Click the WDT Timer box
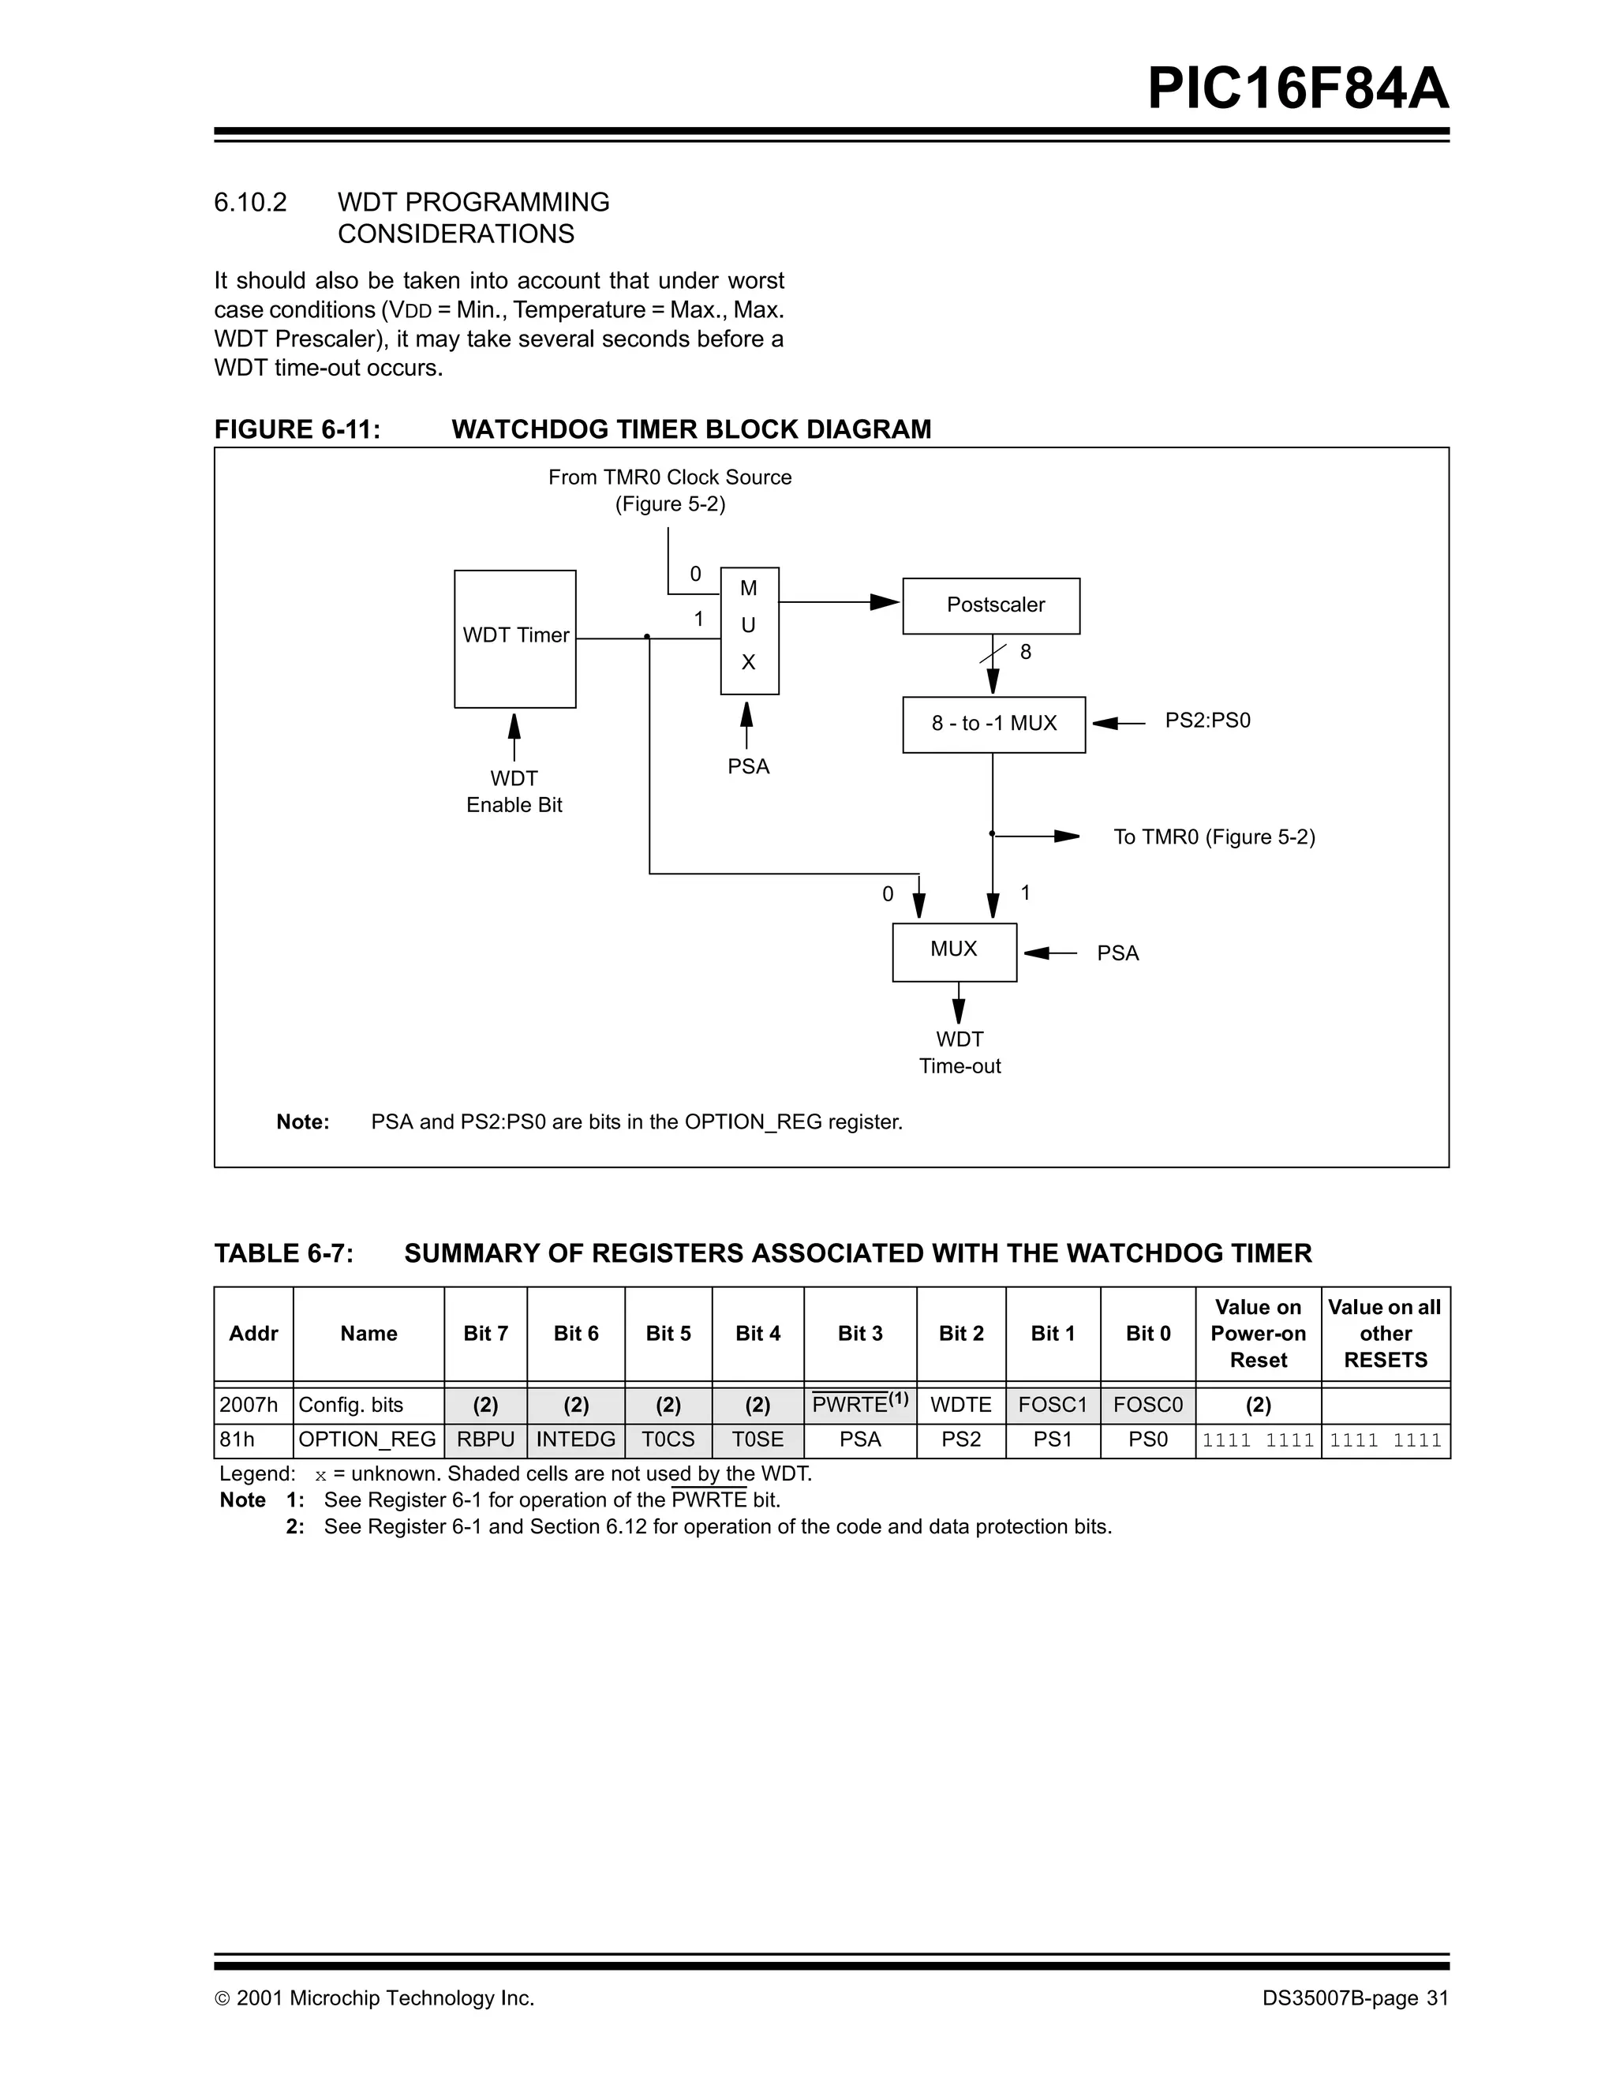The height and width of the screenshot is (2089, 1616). point(514,638)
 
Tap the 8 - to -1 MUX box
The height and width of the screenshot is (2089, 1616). point(993,724)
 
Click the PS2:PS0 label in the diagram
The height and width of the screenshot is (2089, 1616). point(1206,721)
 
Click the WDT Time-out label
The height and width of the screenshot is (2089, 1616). point(959,1052)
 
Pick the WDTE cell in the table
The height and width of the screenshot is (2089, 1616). point(960,1404)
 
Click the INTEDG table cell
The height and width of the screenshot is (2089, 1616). point(576,1439)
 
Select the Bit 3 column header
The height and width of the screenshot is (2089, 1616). point(859,1334)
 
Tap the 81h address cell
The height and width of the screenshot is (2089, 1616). point(238,1439)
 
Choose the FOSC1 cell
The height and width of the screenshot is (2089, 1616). point(1052,1404)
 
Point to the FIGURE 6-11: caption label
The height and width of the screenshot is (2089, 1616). point(297,429)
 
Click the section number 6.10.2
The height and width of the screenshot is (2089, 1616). point(251,202)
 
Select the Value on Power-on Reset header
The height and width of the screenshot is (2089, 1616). point(1258,1334)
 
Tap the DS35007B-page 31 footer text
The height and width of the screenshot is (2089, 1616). point(1355,1998)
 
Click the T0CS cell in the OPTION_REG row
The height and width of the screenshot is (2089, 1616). point(668,1439)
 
